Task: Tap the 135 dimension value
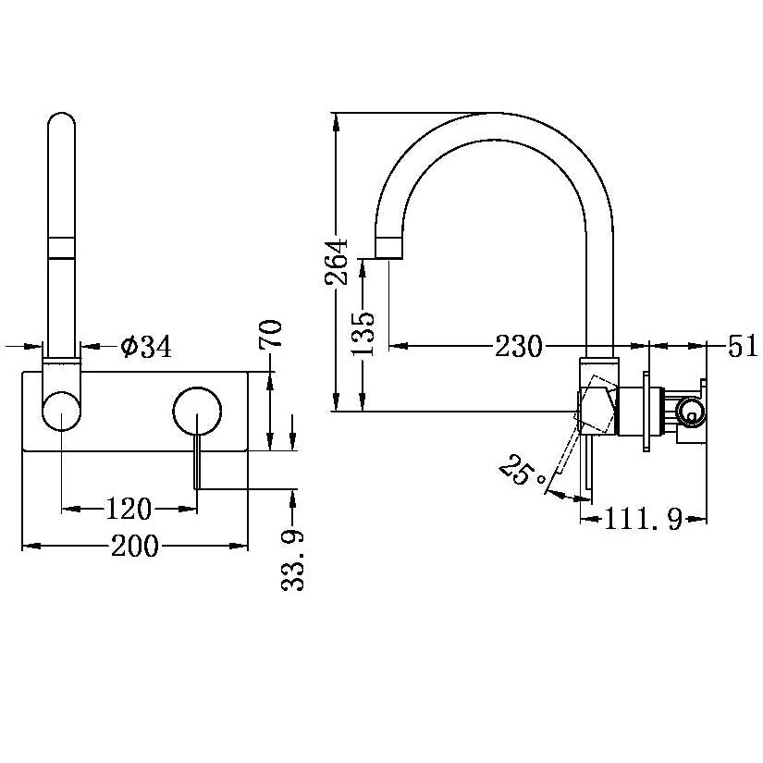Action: [x=365, y=333]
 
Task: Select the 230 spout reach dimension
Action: [x=518, y=347]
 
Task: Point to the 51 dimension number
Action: [x=742, y=347]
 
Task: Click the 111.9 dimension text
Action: [x=643, y=521]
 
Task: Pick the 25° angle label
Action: [x=520, y=471]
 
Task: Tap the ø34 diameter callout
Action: [x=147, y=347]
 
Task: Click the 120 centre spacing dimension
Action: [x=129, y=508]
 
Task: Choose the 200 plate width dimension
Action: [x=135, y=546]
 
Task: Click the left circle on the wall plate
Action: [x=62, y=412]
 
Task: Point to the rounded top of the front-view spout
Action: [x=62, y=125]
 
